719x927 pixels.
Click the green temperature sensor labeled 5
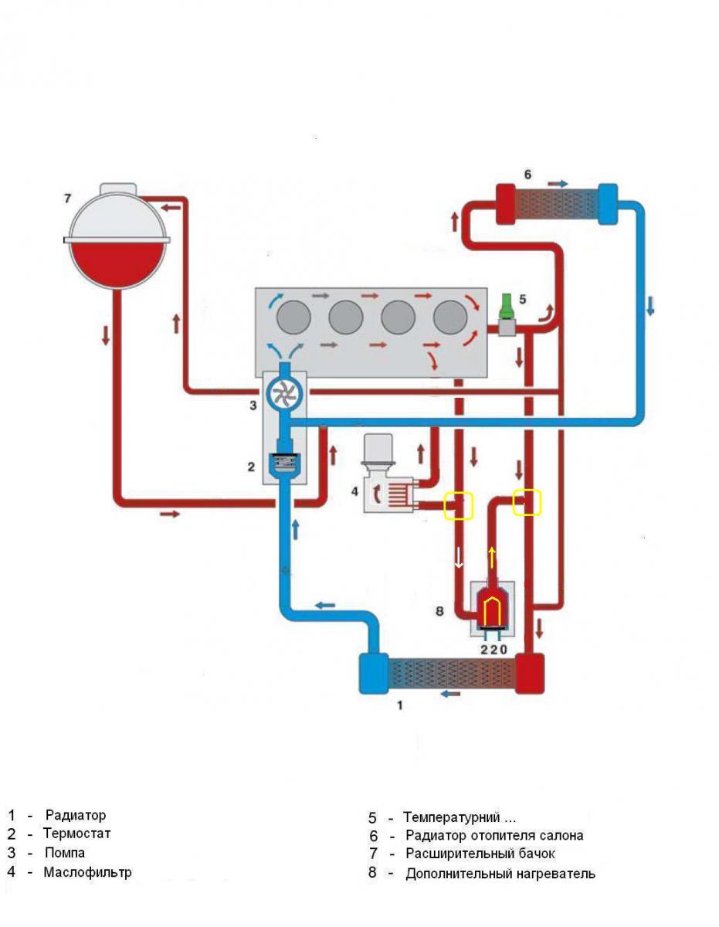click(x=507, y=305)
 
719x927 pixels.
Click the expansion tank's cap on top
click(x=118, y=188)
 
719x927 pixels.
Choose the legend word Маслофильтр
click(x=87, y=872)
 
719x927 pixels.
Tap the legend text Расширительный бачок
click(x=480, y=854)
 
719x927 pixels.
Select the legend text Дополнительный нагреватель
click(x=500, y=874)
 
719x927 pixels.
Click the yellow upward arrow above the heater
click(x=492, y=558)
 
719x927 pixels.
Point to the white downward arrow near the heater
click(x=459, y=558)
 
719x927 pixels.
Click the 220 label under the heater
click(x=493, y=649)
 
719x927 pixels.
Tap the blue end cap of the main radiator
click(x=374, y=673)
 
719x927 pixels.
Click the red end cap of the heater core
click(x=506, y=203)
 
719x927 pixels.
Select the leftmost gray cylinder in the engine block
click(x=293, y=317)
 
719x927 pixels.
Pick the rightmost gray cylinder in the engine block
click(x=450, y=317)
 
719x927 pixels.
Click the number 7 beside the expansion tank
click(x=67, y=199)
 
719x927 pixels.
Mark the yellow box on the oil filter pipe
click(x=459, y=505)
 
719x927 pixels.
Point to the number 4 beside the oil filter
click(x=354, y=491)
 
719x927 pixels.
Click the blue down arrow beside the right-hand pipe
click(x=650, y=306)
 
